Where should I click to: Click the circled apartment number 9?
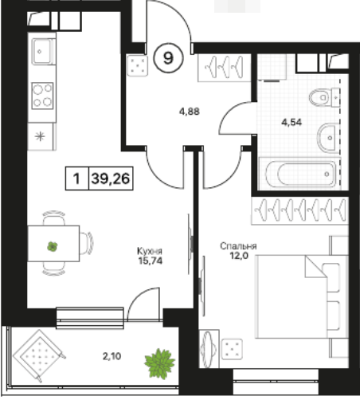pyautogui.click(x=168, y=58)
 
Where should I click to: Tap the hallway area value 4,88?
pyautogui.click(x=190, y=112)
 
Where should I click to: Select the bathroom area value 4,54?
pyautogui.click(x=292, y=122)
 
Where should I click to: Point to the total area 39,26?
pyautogui.click(x=111, y=178)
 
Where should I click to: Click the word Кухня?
pyautogui.click(x=150, y=251)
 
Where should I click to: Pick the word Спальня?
pyautogui.click(x=238, y=246)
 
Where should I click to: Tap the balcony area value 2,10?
pyautogui.click(x=112, y=356)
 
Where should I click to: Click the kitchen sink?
pyautogui.click(x=42, y=52)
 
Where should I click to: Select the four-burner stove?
pyautogui.click(x=42, y=96)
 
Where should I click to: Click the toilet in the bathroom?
pyautogui.click(x=324, y=97)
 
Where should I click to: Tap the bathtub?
pyautogui.click(x=299, y=174)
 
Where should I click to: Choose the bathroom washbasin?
pyautogui.click(x=328, y=137)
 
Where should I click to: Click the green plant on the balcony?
pyautogui.click(x=159, y=363)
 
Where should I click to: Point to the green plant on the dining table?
pyautogui.click(x=53, y=247)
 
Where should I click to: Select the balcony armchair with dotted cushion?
pyautogui.click(x=39, y=356)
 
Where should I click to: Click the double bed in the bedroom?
pyautogui.click(x=301, y=296)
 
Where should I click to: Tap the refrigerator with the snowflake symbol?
pyautogui.click(x=41, y=136)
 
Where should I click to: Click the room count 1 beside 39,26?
pyautogui.click(x=76, y=178)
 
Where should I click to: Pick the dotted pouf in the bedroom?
pyautogui.click(x=232, y=349)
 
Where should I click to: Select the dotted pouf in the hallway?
pyautogui.click(x=137, y=65)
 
